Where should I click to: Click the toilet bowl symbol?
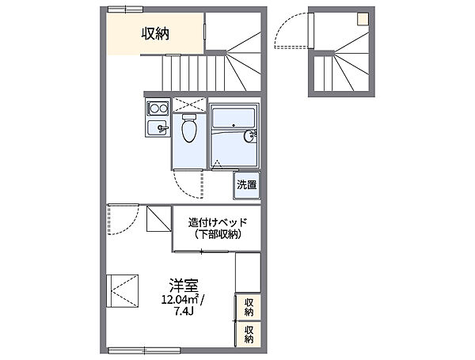coord(189,127)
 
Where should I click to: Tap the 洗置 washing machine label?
coord(246,184)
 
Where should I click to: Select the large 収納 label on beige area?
coord(156,33)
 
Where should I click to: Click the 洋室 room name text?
coord(184,285)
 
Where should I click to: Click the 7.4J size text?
coord(184,311)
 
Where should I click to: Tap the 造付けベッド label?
coord(218,222)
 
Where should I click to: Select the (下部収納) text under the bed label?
coord(218,234)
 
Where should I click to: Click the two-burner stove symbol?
coord(158,108)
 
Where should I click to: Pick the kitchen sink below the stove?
coord(158,127)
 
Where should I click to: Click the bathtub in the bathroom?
coord(234,117)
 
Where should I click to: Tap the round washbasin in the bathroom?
coord(249,135)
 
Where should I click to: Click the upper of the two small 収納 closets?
coord(249,307)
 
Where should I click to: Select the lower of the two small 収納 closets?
coord(249,334)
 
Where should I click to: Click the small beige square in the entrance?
coord(363,19)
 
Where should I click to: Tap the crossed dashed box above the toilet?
coord(189,104)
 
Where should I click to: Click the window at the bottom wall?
coord(145,351)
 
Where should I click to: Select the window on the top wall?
coord(125,9)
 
